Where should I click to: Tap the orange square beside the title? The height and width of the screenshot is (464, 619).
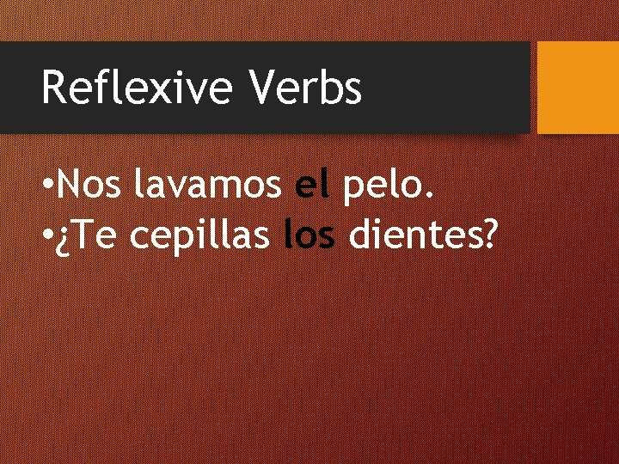coord(577,88)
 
